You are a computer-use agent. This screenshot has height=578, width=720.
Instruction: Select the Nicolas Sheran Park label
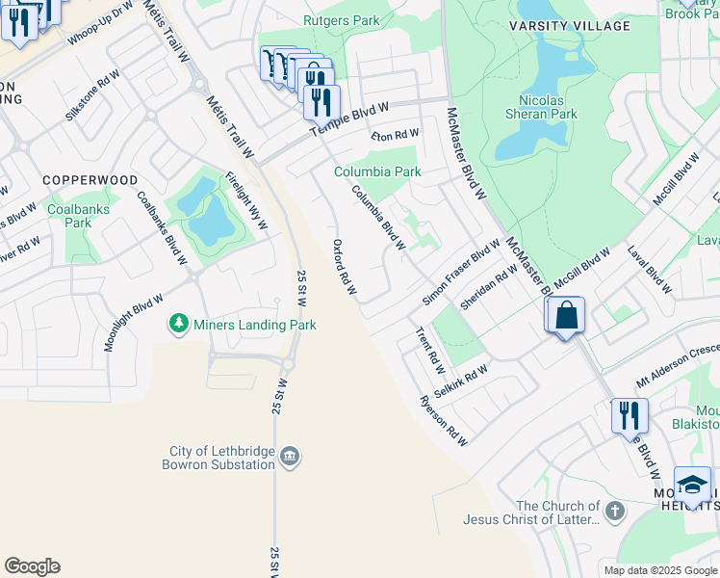click(548, 107)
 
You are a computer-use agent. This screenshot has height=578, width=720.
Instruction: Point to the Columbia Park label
click(377, 172)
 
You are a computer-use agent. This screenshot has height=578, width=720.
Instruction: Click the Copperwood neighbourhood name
click(90, 180)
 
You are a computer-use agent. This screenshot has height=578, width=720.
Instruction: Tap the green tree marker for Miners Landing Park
click(177, 325)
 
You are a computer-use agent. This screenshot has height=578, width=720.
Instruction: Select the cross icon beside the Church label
click(616, 510)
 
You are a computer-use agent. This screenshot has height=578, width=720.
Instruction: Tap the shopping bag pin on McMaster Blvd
click(567, 315)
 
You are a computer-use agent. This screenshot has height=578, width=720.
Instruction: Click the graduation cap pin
click(692, 484)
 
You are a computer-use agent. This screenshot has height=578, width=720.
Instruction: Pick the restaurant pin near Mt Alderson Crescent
click(630, 415)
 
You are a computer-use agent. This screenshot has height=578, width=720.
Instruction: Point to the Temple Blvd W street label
click(347, 119)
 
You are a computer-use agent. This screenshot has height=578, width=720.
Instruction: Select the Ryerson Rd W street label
click(443, 421)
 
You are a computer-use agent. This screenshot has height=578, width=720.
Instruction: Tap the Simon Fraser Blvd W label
click(461, 274)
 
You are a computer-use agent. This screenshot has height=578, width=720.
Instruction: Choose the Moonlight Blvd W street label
click(134, 323)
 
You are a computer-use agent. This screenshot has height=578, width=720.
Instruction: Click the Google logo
click(32, 566)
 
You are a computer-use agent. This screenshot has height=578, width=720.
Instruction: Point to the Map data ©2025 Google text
click(659, 570)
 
